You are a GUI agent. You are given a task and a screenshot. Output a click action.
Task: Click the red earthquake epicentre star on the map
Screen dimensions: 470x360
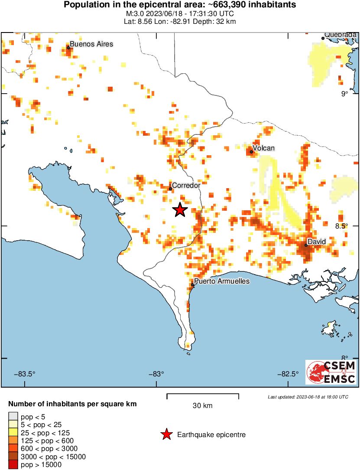coord(180,210)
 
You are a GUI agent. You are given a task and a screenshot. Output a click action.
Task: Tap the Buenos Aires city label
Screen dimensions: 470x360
coord(91,44)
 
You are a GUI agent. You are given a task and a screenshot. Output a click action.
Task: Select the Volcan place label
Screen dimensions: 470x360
coord(264,148)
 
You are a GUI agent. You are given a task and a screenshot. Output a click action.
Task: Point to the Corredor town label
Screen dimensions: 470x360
coord(186,185)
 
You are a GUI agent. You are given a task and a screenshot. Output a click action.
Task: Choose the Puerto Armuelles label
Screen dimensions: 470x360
coord(222,281)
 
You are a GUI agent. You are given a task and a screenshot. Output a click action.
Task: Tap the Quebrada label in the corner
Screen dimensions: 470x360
coord(340,35)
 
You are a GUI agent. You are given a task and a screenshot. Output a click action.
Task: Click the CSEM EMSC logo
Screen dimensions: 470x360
coord(331,372)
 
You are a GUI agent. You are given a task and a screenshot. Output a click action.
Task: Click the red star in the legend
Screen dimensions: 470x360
coord(165,434)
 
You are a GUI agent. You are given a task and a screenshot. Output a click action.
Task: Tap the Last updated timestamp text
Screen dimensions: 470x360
coord(308,397)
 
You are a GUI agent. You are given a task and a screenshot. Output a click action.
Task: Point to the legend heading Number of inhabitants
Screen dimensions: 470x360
coord(72,404)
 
